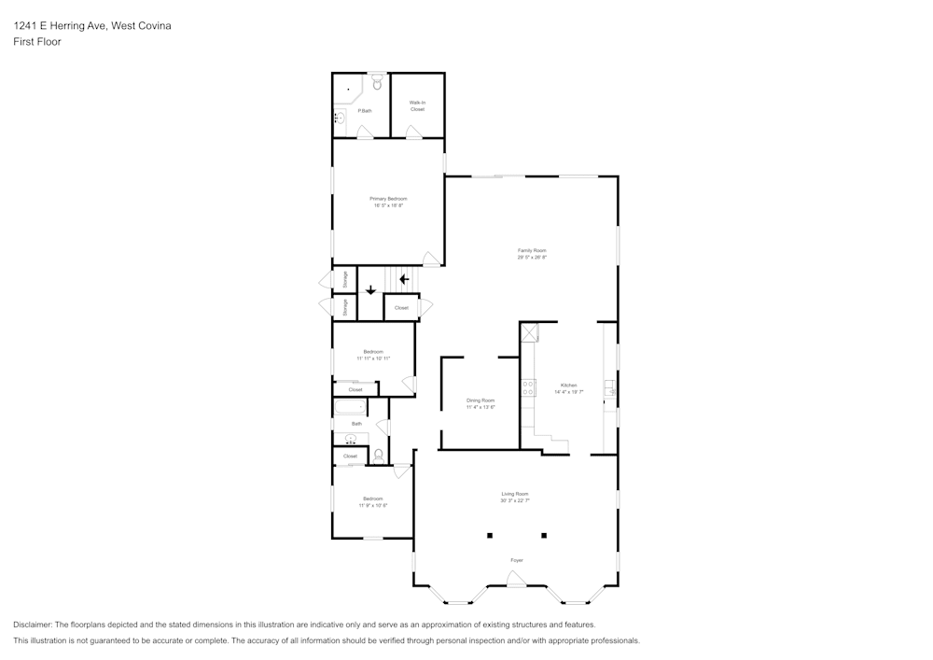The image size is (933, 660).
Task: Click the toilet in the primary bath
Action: click(377, 84)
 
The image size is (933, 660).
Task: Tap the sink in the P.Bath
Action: click(341, 118)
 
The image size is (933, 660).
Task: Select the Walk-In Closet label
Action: click(417, 105)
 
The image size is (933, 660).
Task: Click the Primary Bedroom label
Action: click(388, 199)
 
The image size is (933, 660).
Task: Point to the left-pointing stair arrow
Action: click(404, 278)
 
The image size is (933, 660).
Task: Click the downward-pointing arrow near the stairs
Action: click(370, 289)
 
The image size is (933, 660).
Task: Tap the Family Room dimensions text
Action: click(532, 257)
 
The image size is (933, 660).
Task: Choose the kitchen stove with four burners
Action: click(528, 386)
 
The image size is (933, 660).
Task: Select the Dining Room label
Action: click(480, 400)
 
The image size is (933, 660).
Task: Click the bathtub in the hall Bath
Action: click(350, 407)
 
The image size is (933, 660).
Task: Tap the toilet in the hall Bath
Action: click(378, 455)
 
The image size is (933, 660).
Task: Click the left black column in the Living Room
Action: click(488, 536)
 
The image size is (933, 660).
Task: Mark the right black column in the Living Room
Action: click(544, 536)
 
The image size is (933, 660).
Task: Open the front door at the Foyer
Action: click(516, 580)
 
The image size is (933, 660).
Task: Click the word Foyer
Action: click(516, 560)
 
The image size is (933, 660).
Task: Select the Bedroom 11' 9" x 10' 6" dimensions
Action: click(373, 505)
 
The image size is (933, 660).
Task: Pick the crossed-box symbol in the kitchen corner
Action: click(529, 332)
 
